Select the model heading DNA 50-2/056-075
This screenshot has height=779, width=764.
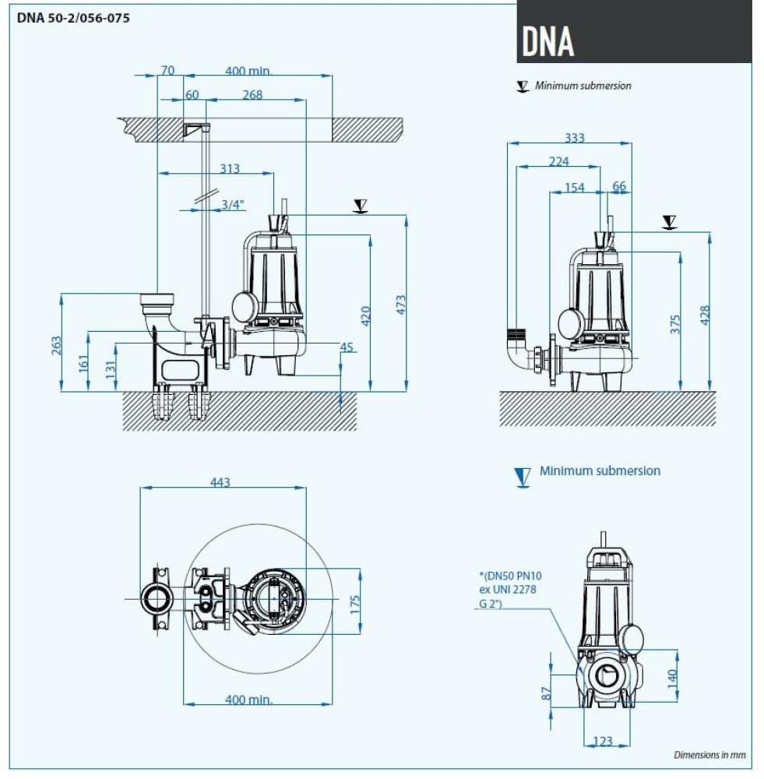pos(73,18)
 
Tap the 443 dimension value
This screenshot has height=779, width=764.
pos(220,482)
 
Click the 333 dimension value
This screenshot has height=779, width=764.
pos(574,138)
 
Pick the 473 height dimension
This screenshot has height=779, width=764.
pos(400,305)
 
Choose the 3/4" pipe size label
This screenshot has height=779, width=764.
pos(232,204)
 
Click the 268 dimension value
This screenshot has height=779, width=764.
pos(252,95)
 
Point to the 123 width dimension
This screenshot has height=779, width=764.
pos(603,741)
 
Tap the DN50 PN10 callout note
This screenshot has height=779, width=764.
pos(507,589)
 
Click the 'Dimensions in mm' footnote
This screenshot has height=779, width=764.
pos(709,754)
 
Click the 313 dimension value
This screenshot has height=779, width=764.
pos(230,168)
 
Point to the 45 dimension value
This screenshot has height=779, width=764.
pos(346,347)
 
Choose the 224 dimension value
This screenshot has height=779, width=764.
pos(558,161)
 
